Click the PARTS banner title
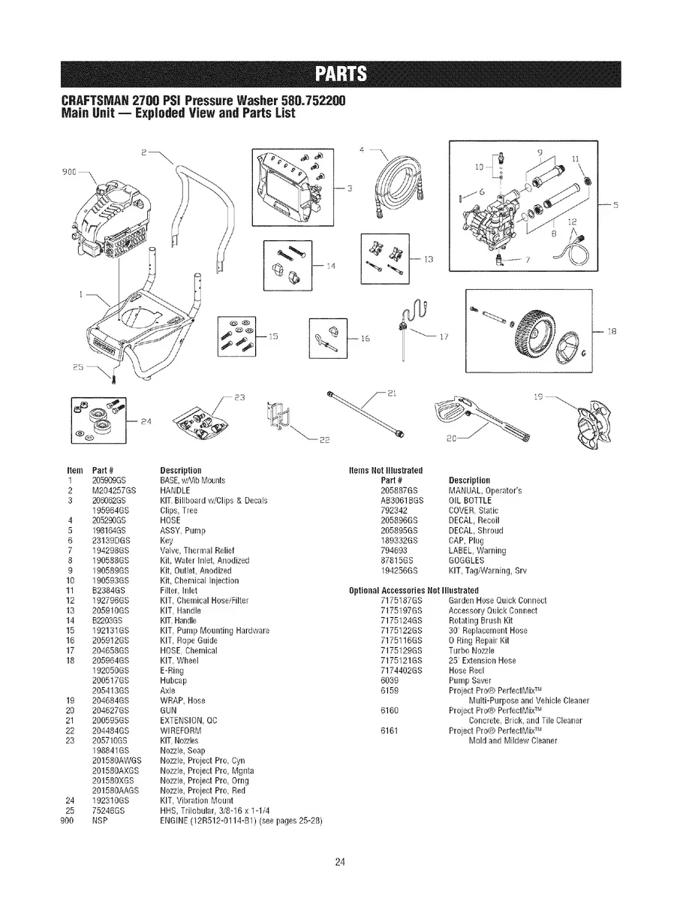pyautogui.click(x=339, y=73)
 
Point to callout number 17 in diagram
pyautogui.click(x=444, y=336)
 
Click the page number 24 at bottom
pyautogui.click(x=339, y=861)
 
